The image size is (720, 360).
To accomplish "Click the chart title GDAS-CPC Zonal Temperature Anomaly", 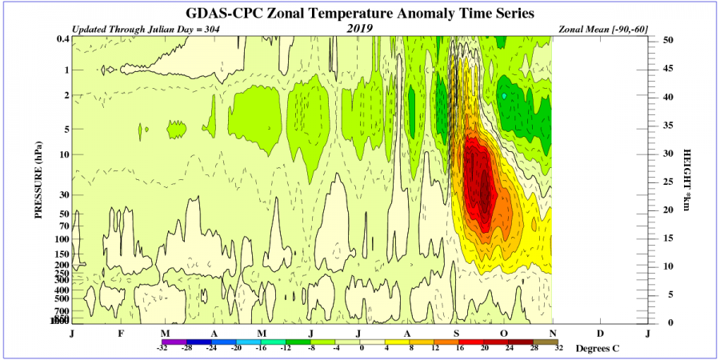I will [360, 14].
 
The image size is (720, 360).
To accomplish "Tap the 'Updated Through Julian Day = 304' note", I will [145, 30].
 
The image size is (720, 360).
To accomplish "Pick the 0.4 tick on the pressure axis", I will [62, 39].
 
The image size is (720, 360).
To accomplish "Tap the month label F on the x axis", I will [121, 332].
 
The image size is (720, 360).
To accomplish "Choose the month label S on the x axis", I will [456, 332].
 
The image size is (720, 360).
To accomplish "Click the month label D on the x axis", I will [600, 332].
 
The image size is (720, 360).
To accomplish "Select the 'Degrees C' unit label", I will [597, 349].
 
